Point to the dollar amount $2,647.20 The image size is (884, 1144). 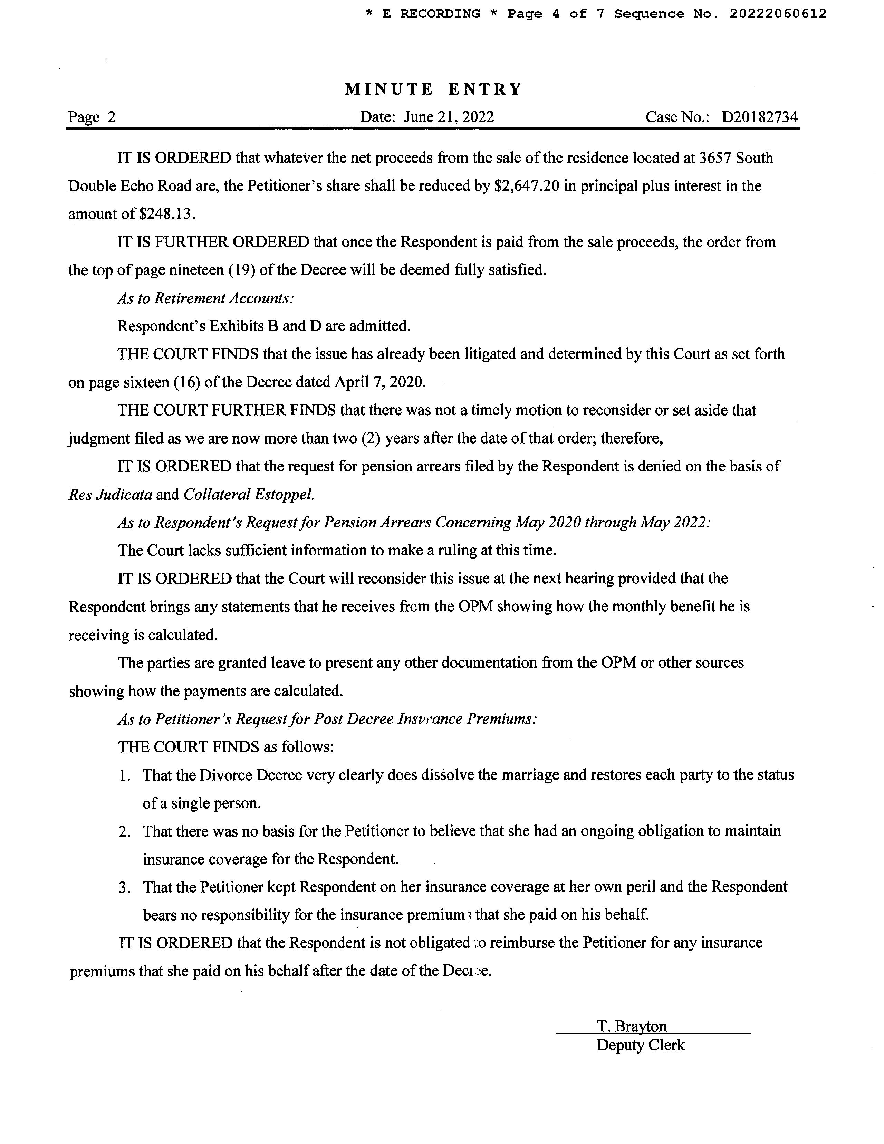pos(527,186)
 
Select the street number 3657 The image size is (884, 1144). pos(715,158)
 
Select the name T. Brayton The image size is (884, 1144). pos(632,1026)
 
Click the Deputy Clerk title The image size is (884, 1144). pos(640,1045)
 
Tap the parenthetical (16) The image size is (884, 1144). pos(187,382)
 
